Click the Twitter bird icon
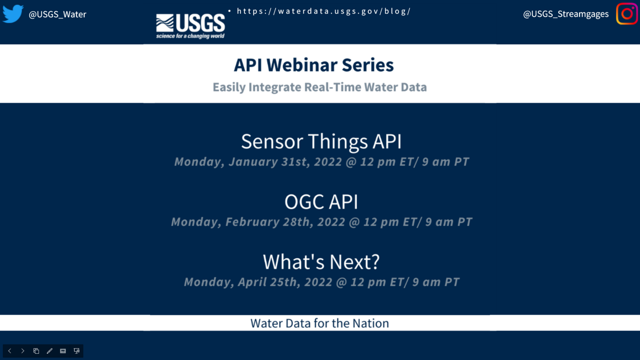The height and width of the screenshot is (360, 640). coord(13,13)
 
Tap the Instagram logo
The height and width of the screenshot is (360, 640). coord(627,14)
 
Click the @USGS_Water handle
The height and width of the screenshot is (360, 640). coord(58,14)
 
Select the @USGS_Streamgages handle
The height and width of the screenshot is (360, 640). coord(566,14)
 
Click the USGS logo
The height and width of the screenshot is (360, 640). coord(191,26)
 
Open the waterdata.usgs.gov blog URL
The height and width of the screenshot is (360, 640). coord(324,11)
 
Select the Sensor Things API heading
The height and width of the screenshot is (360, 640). coord(321,142)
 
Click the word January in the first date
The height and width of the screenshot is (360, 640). coord(253,162)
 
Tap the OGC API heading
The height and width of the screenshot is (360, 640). coord(321,202)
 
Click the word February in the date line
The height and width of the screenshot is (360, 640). coord(253,222)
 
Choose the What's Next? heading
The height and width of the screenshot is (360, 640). coord(321,262)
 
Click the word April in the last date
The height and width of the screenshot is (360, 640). coord(252,282)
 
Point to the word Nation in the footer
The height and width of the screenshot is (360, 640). coord(371,323)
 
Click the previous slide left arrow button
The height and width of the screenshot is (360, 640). coord(10,351)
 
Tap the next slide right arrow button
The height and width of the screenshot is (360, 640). coord(23,351)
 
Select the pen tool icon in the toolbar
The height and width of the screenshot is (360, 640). coord(49,351)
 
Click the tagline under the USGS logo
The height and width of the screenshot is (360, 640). coord(190,36)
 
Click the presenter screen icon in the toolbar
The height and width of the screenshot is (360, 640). coord(76,351)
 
